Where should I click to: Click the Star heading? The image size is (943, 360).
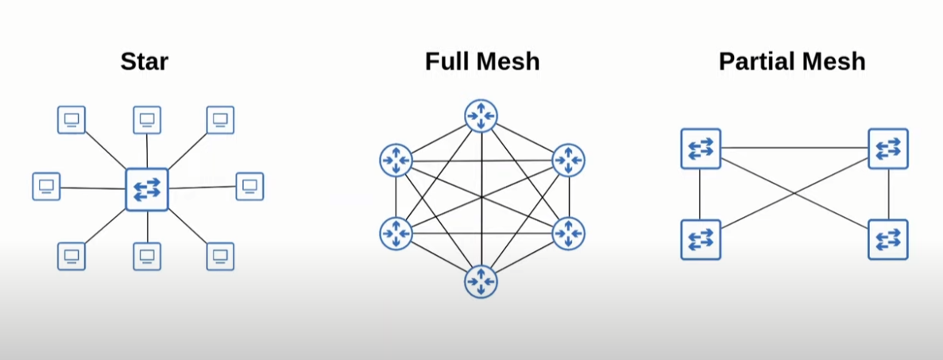[145, 62]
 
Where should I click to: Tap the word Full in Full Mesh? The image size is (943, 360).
[449, 62]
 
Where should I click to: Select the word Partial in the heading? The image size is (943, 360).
[755, 62]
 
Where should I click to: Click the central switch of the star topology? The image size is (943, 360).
[147, 189]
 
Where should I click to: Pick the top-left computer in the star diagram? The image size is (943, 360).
[71, 120]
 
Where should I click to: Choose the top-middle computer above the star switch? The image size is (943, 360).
[147, 120]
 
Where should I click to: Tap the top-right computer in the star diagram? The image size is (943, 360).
[220, 120]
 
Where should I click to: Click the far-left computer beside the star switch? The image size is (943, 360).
[46, 186]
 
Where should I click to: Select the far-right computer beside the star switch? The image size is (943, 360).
[249, 186]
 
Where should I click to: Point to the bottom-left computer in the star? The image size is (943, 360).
[71, 256]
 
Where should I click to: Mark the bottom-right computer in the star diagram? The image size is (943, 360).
[220, 256]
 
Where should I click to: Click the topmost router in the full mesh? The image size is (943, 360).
[481, 117]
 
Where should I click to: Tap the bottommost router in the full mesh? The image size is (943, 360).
[481, 281]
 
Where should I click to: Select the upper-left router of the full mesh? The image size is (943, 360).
[396, 161]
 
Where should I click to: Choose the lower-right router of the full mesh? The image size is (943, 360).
[568, 233]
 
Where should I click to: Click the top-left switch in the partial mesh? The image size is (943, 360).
[701, 149]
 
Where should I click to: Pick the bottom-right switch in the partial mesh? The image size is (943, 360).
[888, 239]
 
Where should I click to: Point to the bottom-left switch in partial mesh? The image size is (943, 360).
[701, 239]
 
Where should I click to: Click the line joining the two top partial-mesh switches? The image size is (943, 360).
[794, 148]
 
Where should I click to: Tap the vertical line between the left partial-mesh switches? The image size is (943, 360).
[700, 194]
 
